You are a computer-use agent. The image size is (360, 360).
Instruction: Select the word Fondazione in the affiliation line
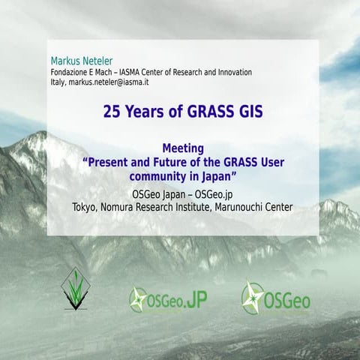pos(72,72)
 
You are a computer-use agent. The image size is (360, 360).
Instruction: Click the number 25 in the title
pos(112,112)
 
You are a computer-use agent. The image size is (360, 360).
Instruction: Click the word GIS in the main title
pos(248,112)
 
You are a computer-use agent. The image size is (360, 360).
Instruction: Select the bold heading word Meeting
pos(183,148)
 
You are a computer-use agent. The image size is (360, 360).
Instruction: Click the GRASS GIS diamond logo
pos(75,288)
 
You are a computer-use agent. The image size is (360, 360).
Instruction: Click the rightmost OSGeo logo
pos(275,298)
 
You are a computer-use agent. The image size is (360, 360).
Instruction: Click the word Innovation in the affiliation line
pos(226,72)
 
